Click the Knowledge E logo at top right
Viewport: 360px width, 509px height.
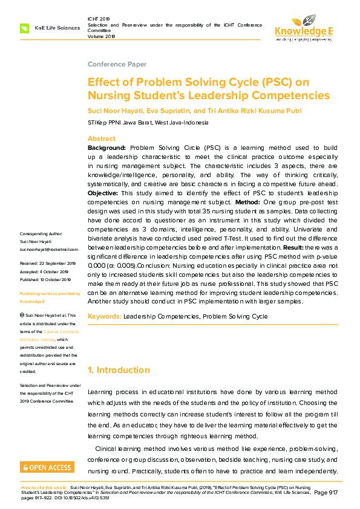303,27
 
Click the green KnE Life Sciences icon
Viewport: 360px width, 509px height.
25,28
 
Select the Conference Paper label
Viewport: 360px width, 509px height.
117,64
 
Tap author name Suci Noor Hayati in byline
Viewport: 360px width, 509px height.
116,111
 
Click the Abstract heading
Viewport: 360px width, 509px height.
102,138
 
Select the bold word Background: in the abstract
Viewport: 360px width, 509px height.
107,148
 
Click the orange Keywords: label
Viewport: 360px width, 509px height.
105,316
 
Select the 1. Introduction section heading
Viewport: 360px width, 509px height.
119,370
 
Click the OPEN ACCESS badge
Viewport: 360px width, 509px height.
47,467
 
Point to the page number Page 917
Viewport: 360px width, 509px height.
326,493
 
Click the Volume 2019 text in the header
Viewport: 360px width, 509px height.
101,36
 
